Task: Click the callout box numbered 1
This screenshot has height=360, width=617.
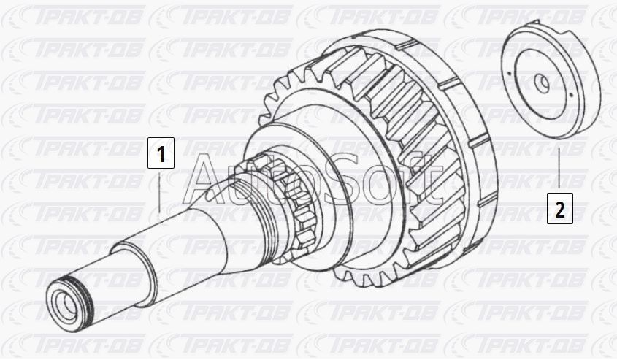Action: (161, 153)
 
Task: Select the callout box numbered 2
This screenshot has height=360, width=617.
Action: (559, 209)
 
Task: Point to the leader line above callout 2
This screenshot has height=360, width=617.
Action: (559, 167)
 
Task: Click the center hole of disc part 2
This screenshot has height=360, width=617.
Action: (543, 83)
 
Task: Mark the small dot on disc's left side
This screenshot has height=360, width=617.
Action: (509, 73)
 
